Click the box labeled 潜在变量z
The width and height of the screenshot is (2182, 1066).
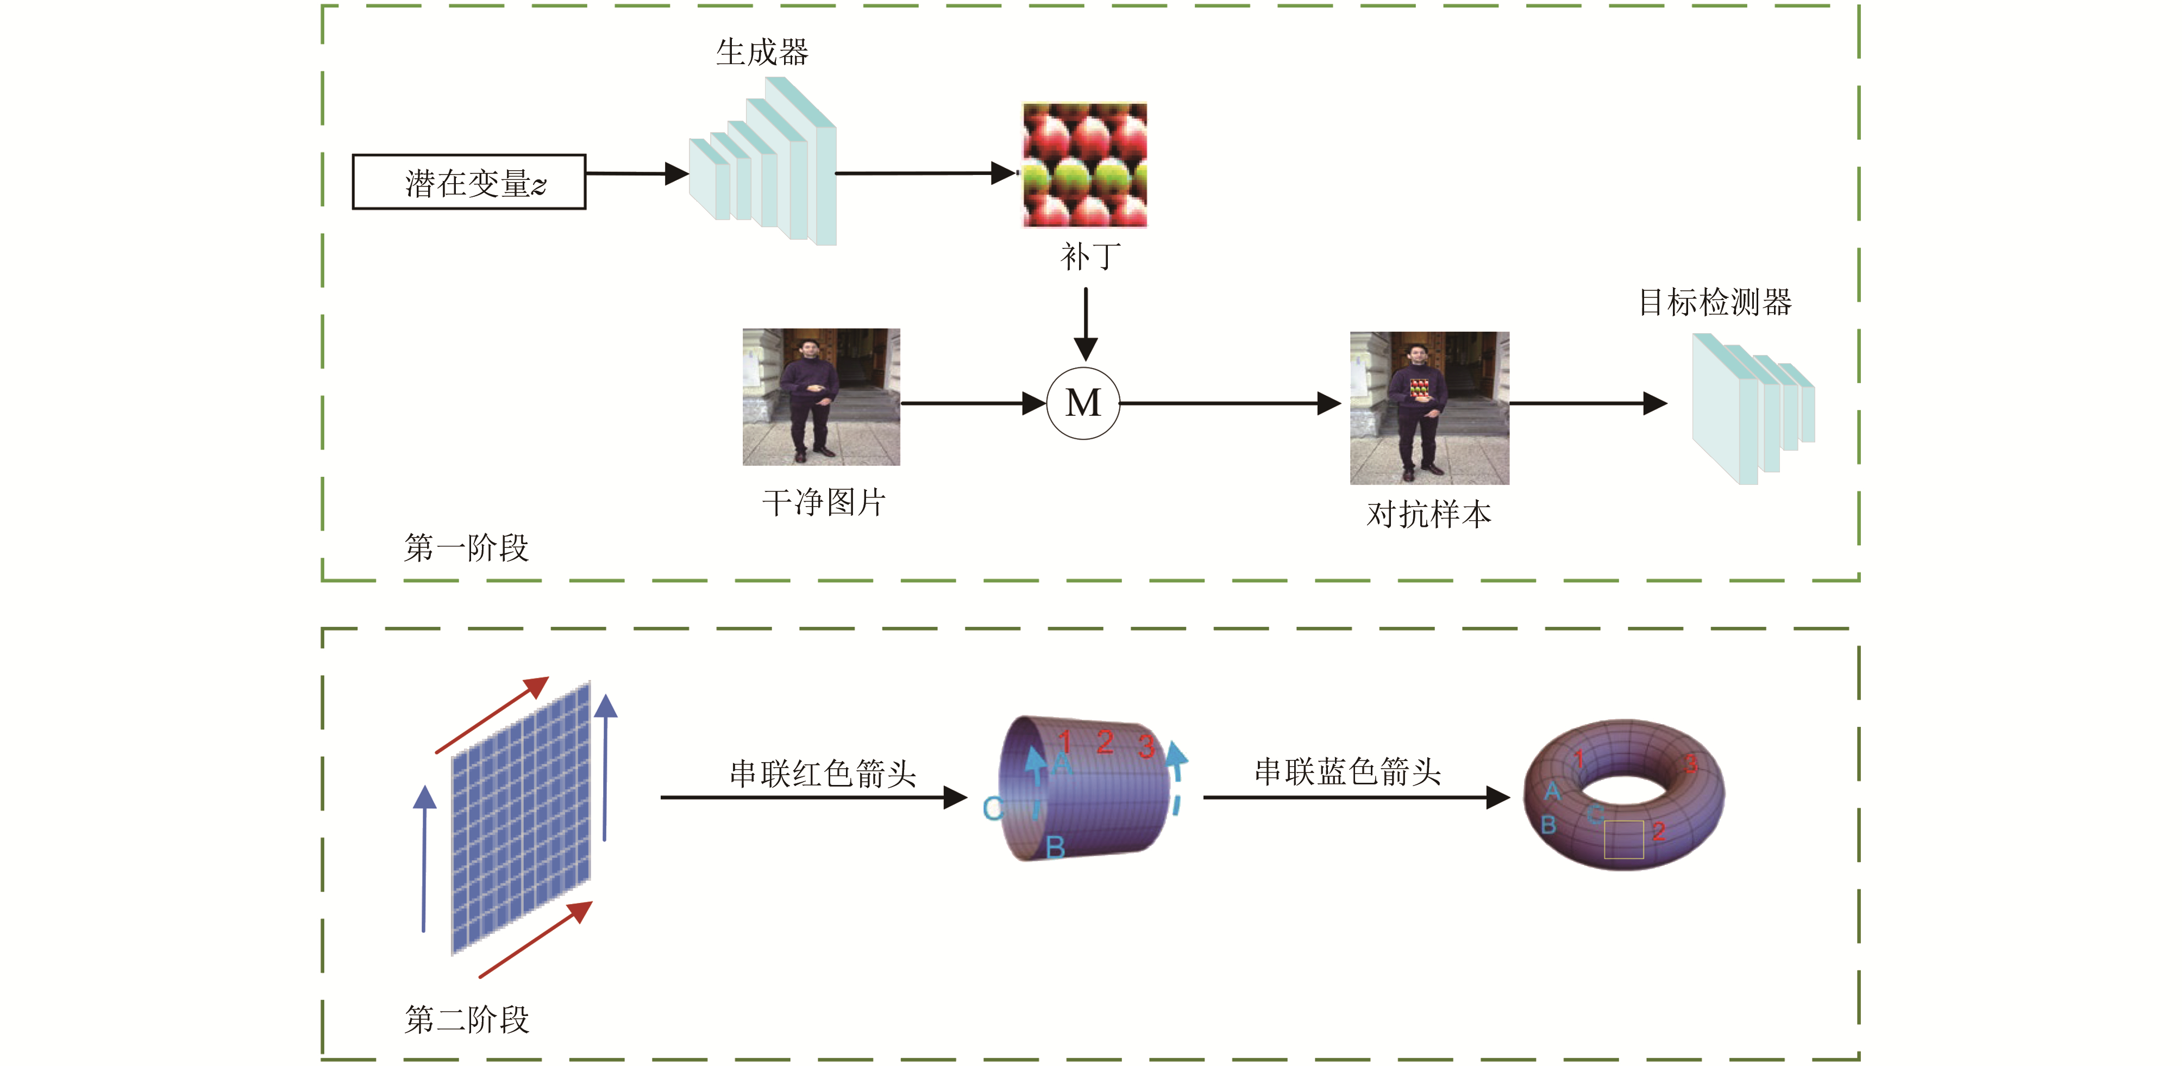468,182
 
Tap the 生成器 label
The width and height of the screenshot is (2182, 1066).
762,53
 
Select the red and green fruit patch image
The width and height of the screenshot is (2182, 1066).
1084,165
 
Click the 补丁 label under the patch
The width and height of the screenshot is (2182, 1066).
1090,256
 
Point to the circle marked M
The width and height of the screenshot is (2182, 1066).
1083,403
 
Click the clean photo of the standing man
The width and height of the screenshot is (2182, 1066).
821,397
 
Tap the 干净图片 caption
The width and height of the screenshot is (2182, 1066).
823,502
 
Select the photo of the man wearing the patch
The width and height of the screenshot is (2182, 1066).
1429,408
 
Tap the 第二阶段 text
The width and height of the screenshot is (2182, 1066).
467,1019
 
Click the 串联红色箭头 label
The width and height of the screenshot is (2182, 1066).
823,774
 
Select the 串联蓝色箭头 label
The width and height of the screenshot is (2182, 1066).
1347,772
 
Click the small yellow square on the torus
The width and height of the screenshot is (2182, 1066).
1624,840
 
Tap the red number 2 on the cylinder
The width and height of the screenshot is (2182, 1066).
1105,743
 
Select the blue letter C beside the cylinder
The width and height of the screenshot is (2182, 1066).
992,808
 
